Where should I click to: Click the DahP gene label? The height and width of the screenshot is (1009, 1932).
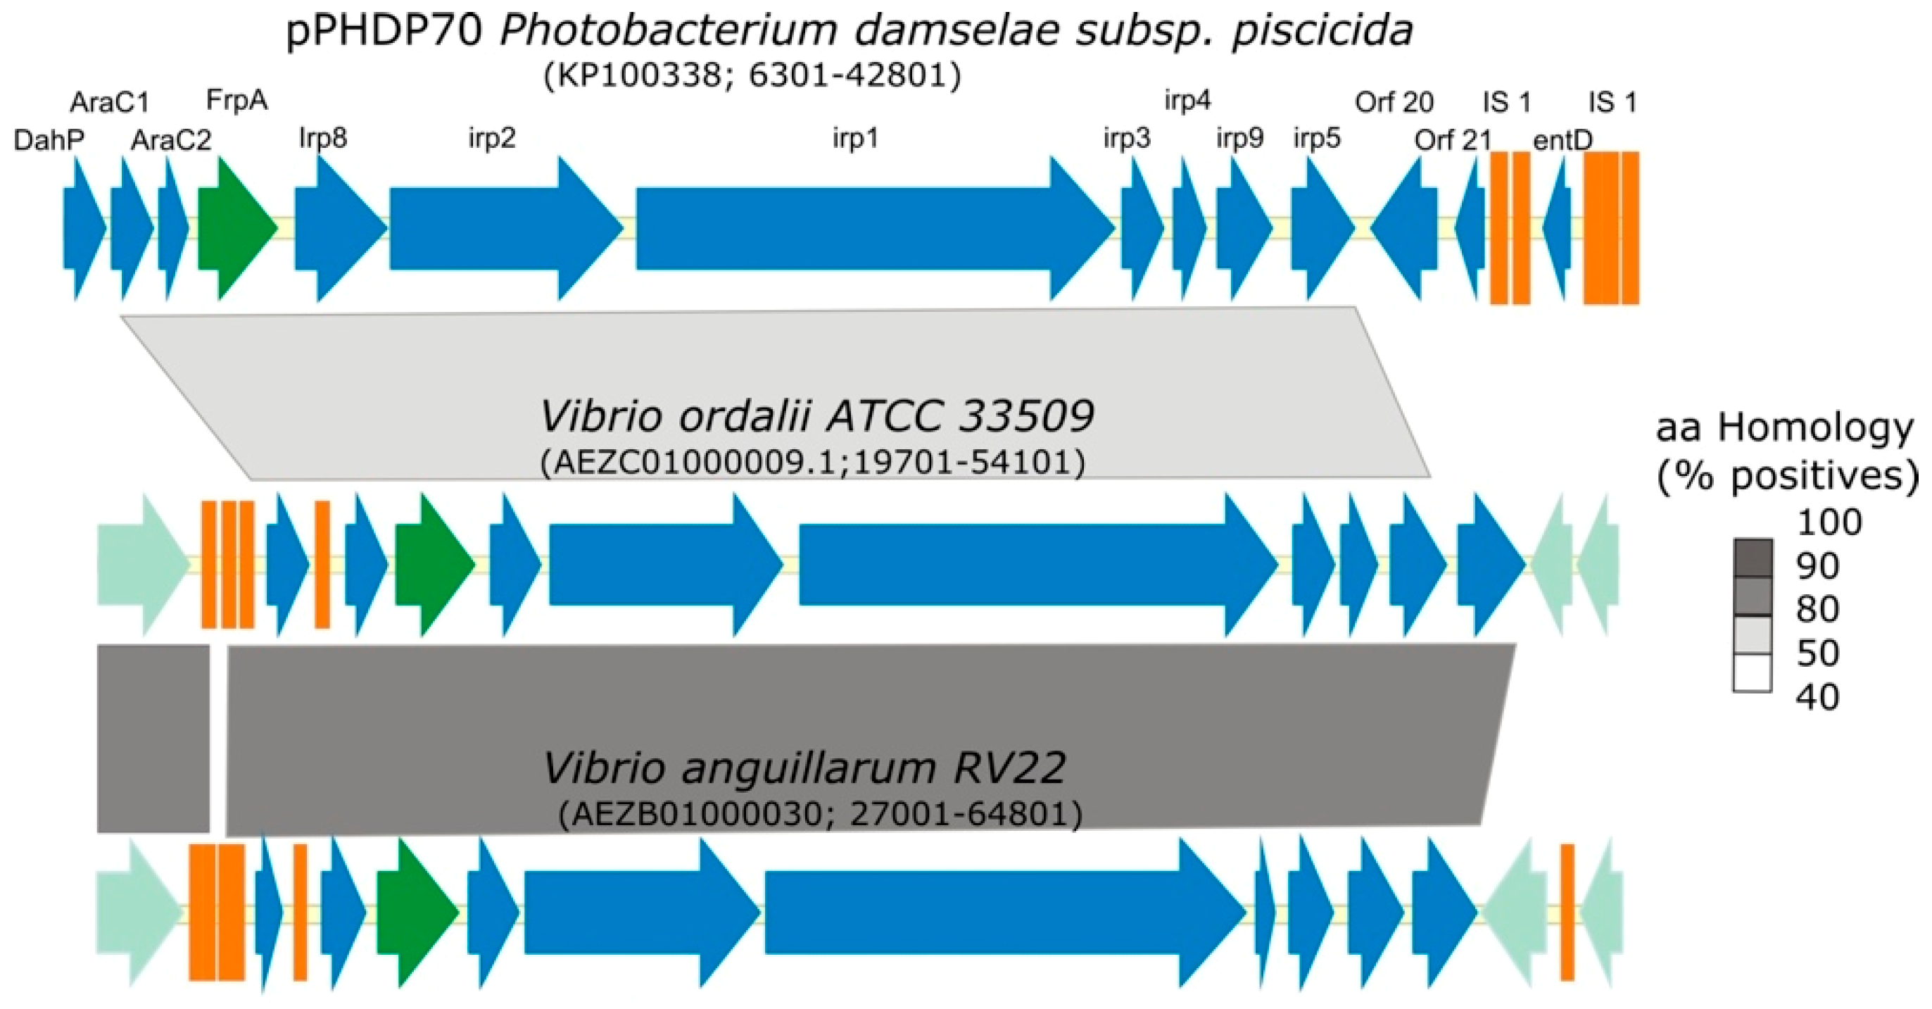pyautogui.click(x=49, y=139)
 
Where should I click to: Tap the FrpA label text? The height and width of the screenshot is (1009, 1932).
pyautogui.click(x=236, y=100)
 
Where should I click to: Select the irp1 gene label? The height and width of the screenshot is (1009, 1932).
pyautogui.click(x=855, y=139)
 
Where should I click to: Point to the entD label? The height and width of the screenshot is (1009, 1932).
pyautogui.click(x=1562, y=139)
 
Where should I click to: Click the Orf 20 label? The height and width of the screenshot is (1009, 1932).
pyautogui.click(x=1394, y=101)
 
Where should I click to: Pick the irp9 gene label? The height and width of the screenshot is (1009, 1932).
pyautogui.click(x=1239, y=138)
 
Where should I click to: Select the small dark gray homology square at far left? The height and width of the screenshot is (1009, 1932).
pyautogui.click(x=153, y=738)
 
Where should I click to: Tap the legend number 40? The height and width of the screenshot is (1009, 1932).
pyautogui.click(x=1817, y=698)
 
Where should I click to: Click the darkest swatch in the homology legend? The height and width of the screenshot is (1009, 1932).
pyautogui.click(x=1753, y=558)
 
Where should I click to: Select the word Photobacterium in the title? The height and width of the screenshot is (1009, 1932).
pyautogui.click(x=667, y=32)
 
